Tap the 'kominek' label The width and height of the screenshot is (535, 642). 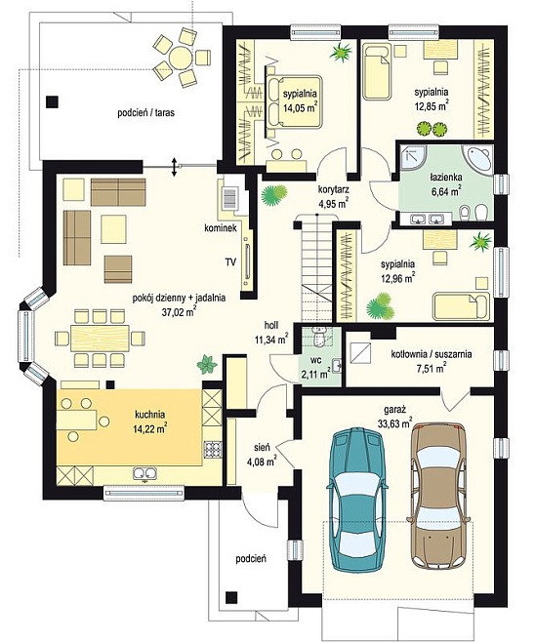tap(221, 229)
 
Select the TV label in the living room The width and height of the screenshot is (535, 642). tap(230, 262)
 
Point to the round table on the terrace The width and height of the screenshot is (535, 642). tap(180, 57)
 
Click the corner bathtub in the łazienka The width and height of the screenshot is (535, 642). tap(477, 160)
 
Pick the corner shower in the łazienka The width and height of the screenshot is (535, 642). tap(413, 159)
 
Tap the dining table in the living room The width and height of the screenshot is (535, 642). tap(100, 338)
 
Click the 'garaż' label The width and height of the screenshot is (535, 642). tap(394, 409)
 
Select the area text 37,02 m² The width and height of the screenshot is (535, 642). tap(179, 312)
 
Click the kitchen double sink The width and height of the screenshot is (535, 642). tap(145, 473)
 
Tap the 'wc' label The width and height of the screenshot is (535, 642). tap(315, 360)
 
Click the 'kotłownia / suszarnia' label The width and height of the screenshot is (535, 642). tap(432, 354)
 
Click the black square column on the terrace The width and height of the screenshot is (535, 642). tap(52, 101)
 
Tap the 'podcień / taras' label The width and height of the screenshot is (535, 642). tap(145, 112)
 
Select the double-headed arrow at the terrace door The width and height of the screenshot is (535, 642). tap(175, 167)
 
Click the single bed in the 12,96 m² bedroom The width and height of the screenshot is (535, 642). tap(461, 305)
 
